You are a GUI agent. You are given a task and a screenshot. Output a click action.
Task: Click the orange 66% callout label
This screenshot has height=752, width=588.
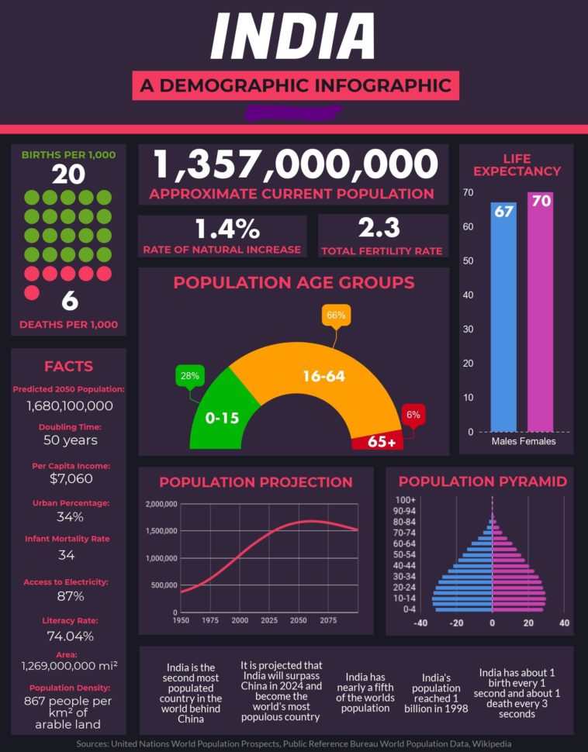(336, 316)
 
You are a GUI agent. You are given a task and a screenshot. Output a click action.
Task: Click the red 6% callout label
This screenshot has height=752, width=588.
(413, 415)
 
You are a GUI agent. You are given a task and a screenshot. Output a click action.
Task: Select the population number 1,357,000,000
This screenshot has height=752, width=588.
(296, 165)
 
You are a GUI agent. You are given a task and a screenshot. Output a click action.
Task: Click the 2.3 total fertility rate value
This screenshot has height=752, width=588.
(379, 228)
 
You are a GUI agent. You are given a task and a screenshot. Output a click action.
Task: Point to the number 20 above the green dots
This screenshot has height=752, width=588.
(68, 174)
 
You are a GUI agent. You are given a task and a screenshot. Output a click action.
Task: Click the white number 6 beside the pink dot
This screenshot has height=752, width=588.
(69, 300)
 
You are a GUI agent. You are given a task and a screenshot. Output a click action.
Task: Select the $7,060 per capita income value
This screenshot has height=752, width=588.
(70, 479)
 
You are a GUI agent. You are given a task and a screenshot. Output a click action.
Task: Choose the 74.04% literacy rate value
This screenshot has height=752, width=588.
(70, 636)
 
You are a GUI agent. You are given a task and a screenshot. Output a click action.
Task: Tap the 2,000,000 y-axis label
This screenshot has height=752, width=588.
(161, 505)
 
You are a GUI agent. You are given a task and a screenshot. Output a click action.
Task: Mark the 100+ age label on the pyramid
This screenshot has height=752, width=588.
(406, 500)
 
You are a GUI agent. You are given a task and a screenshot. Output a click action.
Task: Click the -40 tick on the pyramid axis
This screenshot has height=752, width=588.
(420, 623)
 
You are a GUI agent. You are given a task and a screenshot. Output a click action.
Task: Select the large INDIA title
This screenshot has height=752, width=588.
(293, 36)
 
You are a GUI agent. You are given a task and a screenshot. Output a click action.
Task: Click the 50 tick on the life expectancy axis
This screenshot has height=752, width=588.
(468, 261)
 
